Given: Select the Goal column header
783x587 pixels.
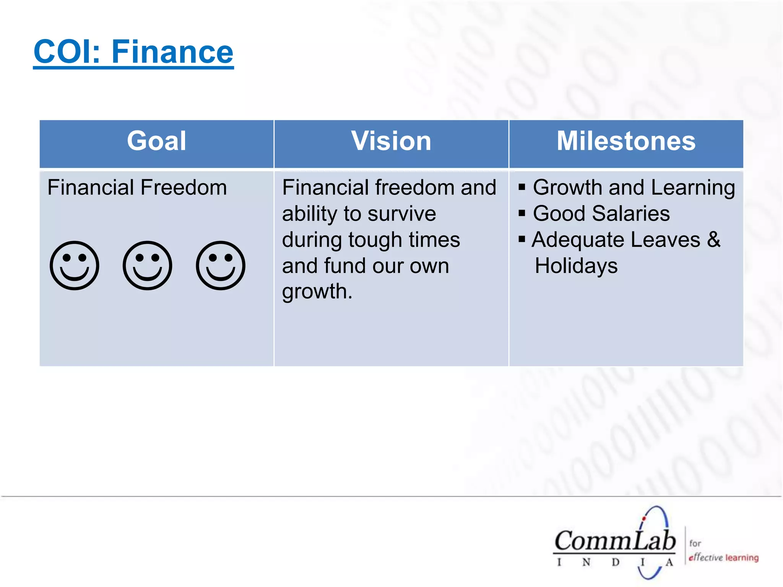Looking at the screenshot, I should coord(157,141).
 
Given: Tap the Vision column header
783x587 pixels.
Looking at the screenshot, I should coord(391,141).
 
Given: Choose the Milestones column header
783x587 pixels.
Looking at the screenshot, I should coord(626,141).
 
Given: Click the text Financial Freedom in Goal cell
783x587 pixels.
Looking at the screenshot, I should coord(137,188).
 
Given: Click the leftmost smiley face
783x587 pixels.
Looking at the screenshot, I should coord(75,265).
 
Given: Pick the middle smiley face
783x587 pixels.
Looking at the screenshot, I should coord(148,265).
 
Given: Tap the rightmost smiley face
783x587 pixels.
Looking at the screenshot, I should coord(221,265).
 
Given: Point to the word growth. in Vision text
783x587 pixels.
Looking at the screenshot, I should coord(317,292).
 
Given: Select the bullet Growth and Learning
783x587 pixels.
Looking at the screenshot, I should coord(634,188).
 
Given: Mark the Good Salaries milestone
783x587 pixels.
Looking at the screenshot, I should coord(601,214).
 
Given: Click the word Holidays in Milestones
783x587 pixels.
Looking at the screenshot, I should coord(576,266).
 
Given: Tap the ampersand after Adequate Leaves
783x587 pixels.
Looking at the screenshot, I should coord(713,240).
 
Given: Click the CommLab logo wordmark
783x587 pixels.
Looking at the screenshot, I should coord(615,541).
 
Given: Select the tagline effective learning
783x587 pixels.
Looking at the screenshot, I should coord(723,558).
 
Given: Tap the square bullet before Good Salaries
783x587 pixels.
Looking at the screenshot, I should coord(522,213).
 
